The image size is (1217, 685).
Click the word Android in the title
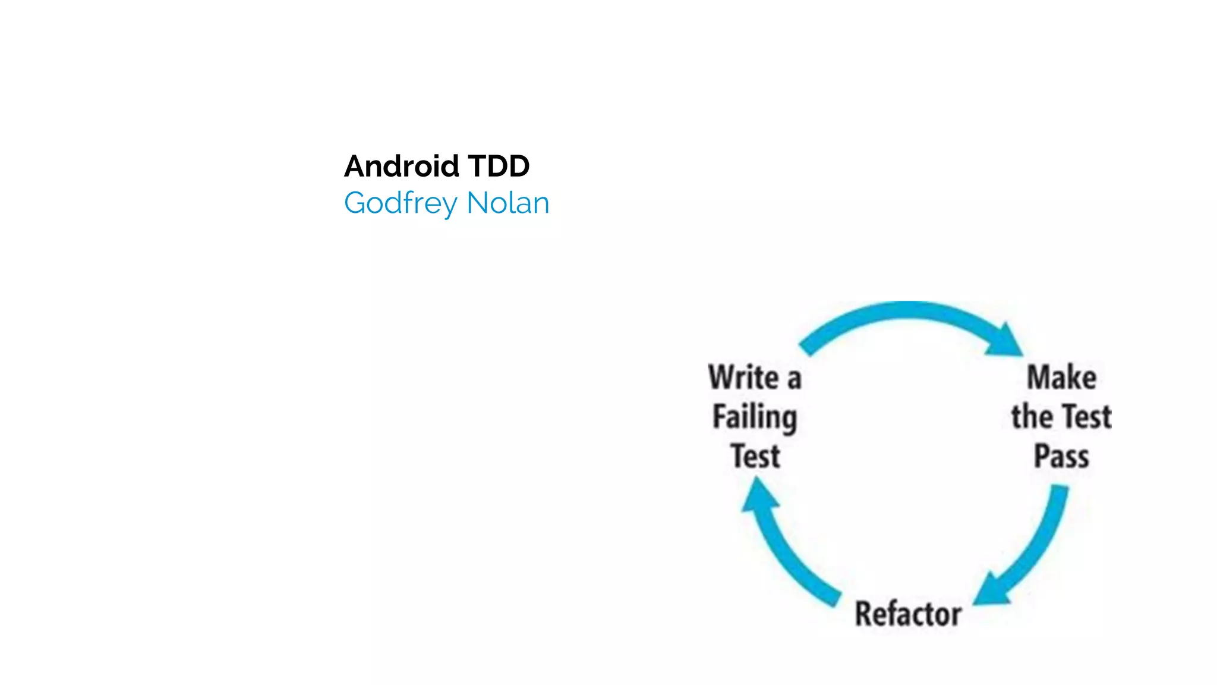[401, 166]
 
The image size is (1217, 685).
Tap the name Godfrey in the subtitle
[401, 204]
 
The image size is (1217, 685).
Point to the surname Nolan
[508, 203]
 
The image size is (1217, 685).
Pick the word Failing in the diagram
[755, 417]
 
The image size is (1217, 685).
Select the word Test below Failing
[755, 456]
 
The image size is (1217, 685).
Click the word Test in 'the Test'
[1086, 416]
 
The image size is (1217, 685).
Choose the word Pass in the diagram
[1061, 456]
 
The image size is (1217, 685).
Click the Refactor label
[908, 614]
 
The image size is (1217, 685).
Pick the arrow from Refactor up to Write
[784, 553]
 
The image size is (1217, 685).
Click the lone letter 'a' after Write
[794, 379]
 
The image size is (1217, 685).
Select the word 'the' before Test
[1032, 416]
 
